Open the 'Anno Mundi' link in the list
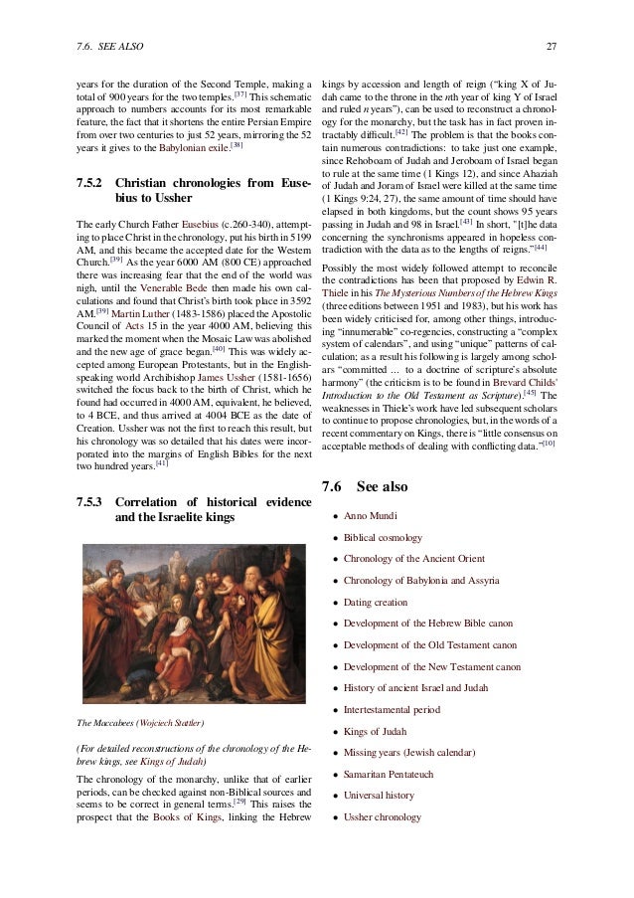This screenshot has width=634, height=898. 372,516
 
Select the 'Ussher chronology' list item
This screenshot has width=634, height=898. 383,817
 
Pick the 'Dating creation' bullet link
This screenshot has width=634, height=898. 376,602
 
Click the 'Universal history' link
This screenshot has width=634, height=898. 382,795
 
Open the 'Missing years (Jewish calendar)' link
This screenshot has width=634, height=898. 415,752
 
